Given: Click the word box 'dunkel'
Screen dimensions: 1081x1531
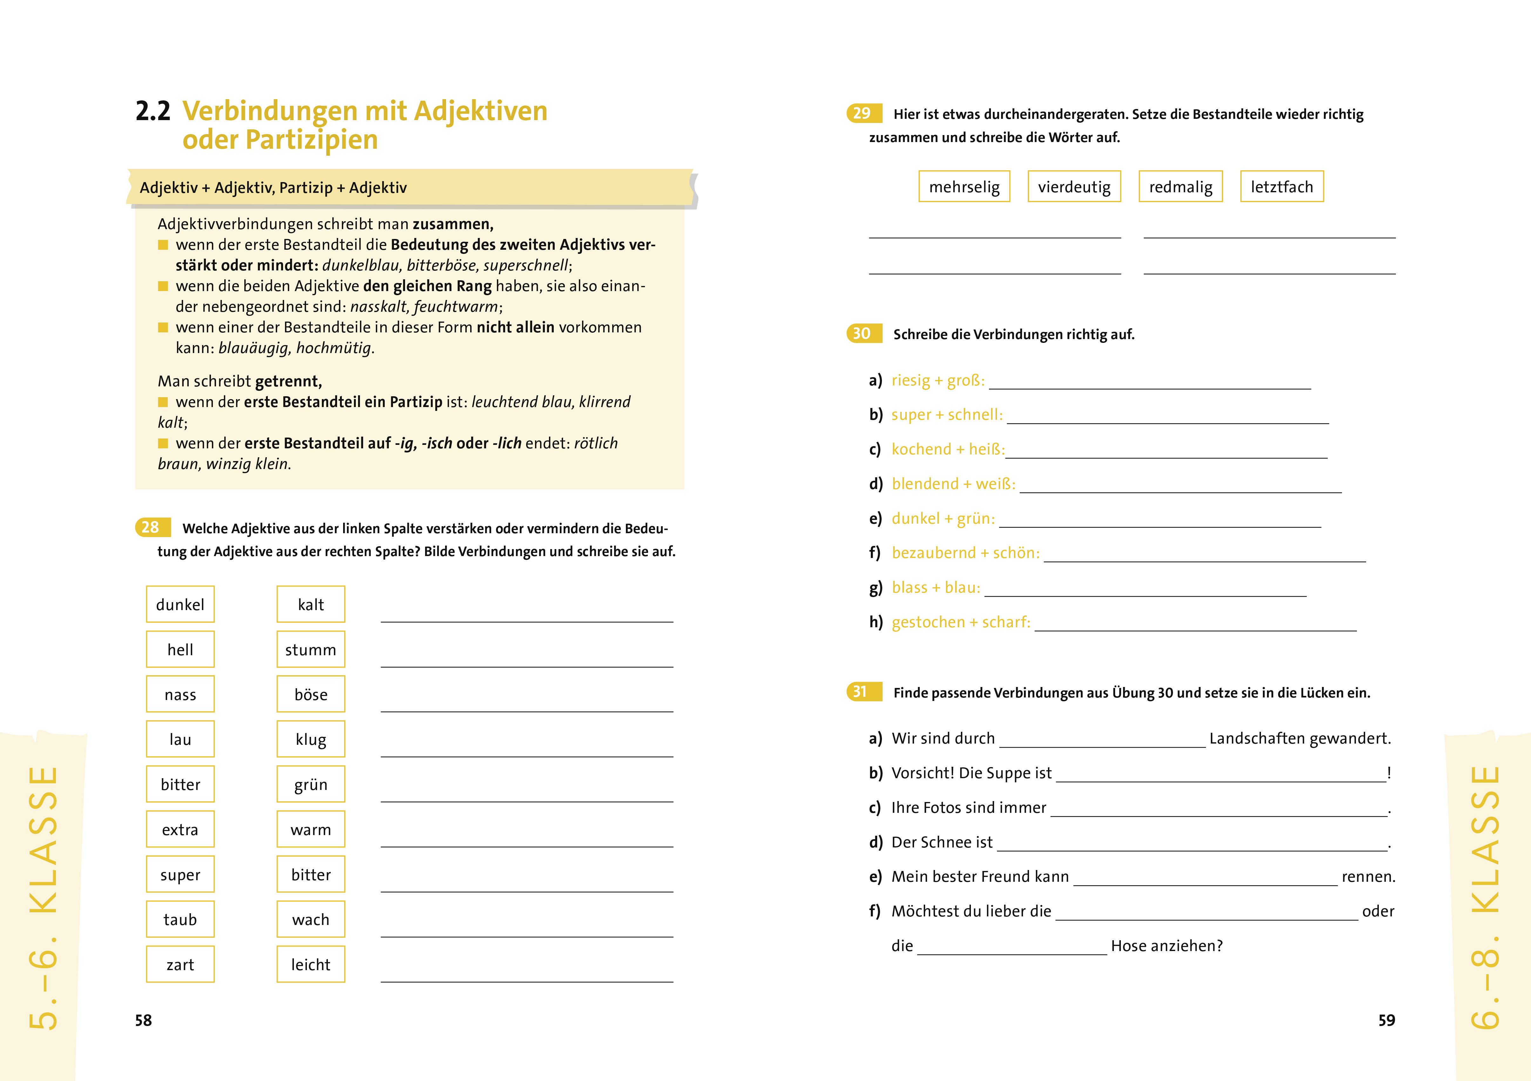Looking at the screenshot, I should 180,604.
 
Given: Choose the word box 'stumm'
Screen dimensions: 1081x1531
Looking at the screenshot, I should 311,649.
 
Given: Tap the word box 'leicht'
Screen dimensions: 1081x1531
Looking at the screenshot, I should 311,964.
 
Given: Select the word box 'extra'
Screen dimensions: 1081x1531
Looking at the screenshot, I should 180,830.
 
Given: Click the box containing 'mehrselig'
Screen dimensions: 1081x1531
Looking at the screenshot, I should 964,187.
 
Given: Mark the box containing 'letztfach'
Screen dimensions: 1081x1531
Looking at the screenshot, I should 1282,187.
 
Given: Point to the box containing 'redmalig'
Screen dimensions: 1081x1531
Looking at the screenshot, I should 1180,187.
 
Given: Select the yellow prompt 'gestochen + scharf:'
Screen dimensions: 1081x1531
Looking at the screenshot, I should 960,622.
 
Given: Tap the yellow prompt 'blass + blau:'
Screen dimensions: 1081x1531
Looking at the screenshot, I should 936,588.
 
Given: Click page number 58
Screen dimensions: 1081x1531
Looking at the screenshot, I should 143,1020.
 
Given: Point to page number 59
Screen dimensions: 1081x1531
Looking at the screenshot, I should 1386,1020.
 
